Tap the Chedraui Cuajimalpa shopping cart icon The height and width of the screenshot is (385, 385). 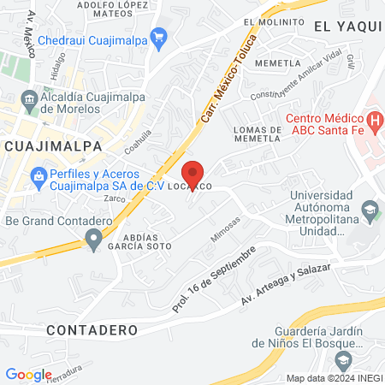click(x=158, y=37)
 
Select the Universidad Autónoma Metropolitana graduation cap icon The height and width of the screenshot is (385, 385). click(x=369, y=209)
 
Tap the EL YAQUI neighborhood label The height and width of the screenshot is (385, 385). click(x=346, y=27)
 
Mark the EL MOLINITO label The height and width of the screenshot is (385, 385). click(x=273, y=22)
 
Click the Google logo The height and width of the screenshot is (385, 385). click(x=28, y=374)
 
